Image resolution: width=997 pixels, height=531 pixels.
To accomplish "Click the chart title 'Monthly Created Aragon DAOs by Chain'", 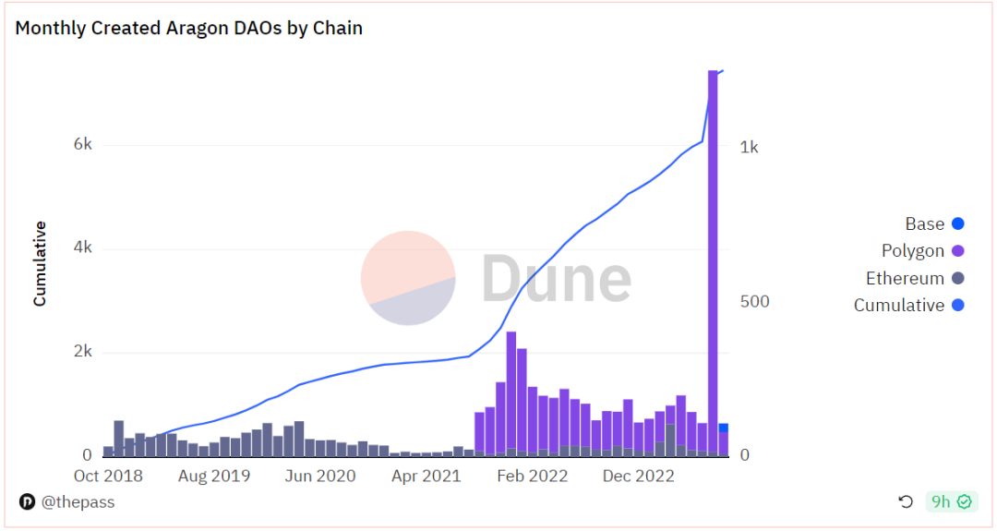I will coord(188,28).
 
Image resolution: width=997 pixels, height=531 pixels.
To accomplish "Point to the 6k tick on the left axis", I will coord(83,145).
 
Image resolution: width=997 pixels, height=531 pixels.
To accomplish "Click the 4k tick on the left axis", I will coord(83,248).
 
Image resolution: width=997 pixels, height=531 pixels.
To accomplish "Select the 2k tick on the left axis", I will coord(83,352).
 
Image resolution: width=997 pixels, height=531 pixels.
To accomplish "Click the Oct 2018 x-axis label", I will coord(109,477).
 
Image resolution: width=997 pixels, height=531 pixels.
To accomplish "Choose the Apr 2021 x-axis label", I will coord(425,477).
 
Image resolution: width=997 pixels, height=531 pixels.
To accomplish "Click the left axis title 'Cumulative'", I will coord(40,263).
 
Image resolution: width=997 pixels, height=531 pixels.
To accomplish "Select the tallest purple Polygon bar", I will coord(713,259).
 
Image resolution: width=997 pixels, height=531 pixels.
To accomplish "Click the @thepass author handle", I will coord(77,502).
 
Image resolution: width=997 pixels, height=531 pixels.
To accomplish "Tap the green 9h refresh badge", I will coord(950,501).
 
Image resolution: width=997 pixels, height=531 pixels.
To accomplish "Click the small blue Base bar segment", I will coord(724,428).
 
